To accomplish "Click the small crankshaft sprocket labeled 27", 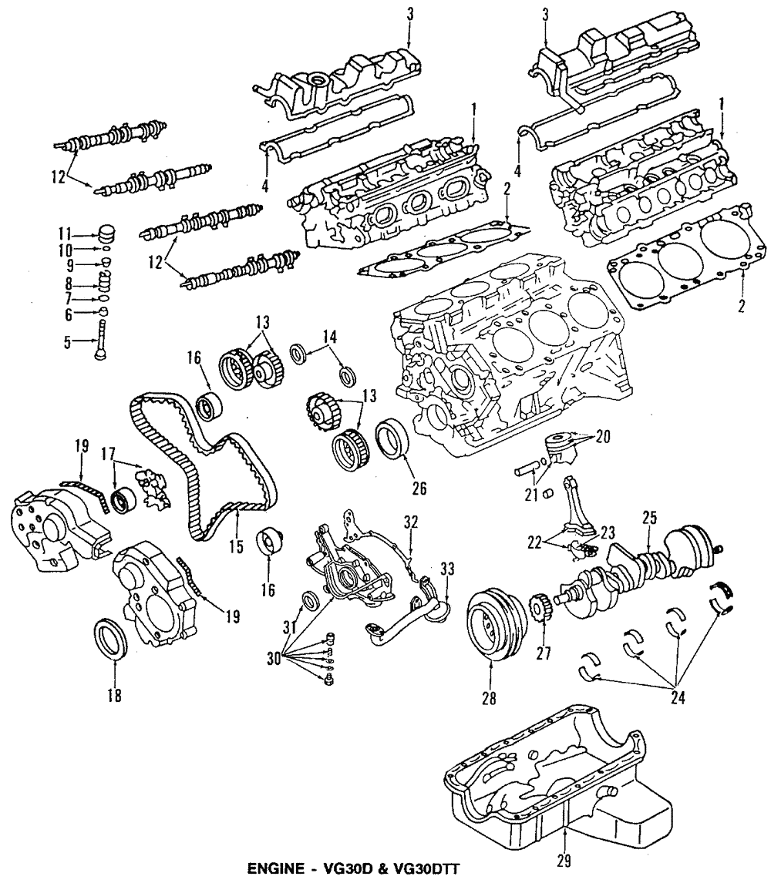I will click(541, 613).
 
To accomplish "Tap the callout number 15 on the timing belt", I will click(236, 547).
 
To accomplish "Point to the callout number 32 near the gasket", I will click(409, 522).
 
